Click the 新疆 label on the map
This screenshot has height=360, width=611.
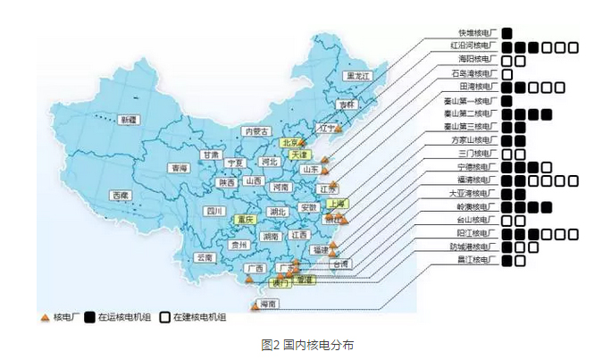click(130, 120)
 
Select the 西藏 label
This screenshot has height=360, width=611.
click(121, 195)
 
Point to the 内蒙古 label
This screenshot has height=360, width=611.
click(256, 131)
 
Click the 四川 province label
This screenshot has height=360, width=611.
click(214, 212)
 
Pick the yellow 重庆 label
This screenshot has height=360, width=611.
click(245, 219)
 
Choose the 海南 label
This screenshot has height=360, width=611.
click(266, 305)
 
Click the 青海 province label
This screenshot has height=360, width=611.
click(179, 168)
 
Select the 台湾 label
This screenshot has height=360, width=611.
click(340, 264)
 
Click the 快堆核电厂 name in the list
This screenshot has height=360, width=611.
click(475, 33)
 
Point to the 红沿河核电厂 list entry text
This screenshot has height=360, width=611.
click(473, 46)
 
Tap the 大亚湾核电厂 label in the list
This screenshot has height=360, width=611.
click(473, 193)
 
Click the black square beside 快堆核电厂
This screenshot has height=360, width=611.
click(506, 33)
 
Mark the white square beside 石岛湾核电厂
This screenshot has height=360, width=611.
click(506, 73)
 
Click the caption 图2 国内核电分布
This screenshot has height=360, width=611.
click(304, 344)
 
